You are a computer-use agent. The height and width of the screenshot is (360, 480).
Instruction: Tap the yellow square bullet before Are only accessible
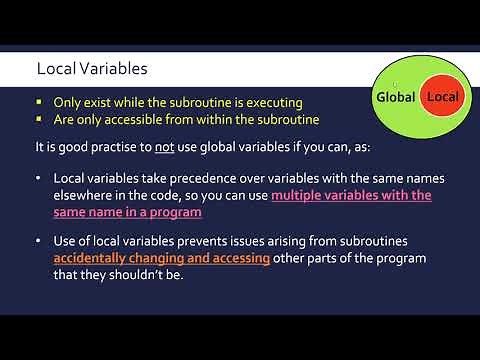[x=39, y=120]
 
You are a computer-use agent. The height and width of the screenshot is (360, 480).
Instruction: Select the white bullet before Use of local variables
[x=38, y=242]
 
